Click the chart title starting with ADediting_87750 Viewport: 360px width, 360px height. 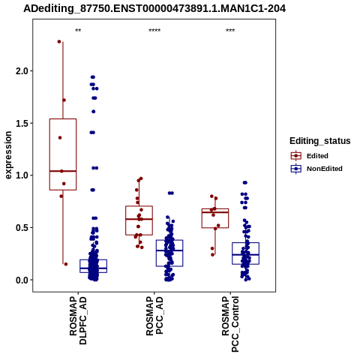(x=154, y=9)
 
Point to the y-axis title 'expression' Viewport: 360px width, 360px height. (x=8, y=155)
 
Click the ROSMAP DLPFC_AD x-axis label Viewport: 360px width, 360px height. (x=78, y=320)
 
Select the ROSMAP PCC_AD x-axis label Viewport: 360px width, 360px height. (x=154, y=316)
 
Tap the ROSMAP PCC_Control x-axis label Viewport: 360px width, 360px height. (x=230, y=324)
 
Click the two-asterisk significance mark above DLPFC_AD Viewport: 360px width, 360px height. (x=78, y=31)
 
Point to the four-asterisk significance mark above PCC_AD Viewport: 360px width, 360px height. (x=154, y=31)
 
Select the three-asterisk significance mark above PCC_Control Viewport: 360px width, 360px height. (x=230, y=31)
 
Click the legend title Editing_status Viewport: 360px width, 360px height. (x=320, y=141)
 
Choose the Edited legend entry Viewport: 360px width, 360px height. (x=310, y=156)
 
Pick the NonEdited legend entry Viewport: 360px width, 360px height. (x=316, y=169)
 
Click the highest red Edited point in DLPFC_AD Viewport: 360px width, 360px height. (x=59, y=41)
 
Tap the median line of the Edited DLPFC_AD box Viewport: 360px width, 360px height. (x=63, y=171)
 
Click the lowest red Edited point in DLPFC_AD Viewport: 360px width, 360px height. (x=66, y=264)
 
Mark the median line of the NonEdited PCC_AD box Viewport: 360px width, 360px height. (x=169, y=250)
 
